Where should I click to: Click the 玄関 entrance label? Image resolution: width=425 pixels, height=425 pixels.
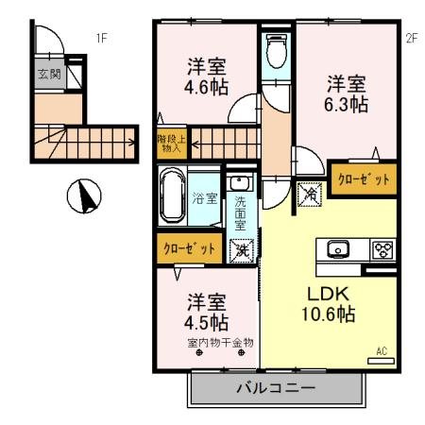pos(48,74)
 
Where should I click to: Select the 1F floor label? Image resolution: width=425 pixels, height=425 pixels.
pos(102,39)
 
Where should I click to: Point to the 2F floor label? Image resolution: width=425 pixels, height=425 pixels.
pos(410,39)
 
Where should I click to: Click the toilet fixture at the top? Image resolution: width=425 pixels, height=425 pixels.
pos(277,52)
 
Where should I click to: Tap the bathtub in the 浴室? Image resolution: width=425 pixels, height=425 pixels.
pos(173,196)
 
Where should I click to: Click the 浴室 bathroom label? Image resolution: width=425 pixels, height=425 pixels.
pos(205,198)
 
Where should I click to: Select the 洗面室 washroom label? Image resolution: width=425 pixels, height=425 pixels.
pos(240,212)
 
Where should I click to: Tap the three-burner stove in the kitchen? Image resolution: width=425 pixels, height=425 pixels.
pos(382,250)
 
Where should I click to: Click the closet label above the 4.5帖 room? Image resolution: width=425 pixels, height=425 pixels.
pos(190,248)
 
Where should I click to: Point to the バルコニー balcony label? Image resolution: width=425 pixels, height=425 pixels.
pos(278,388)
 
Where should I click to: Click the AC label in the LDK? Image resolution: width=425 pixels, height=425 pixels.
pos(382,351)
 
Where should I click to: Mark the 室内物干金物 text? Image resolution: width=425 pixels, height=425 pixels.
pos(219,342)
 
